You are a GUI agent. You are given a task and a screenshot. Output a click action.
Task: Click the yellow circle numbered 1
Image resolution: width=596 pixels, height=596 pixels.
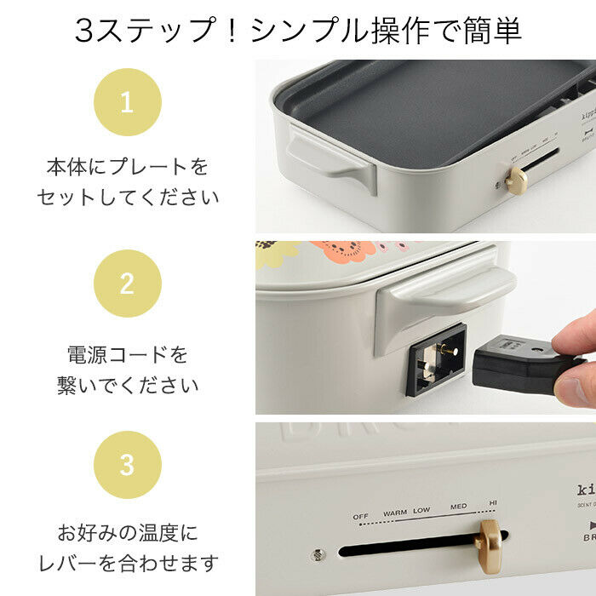127,103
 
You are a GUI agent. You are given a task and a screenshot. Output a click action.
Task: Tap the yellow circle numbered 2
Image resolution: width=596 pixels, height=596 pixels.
127,284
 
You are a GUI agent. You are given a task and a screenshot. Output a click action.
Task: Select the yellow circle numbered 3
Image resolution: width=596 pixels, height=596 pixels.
127,465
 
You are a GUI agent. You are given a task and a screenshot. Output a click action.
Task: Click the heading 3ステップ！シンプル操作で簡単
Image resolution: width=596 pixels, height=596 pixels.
297,32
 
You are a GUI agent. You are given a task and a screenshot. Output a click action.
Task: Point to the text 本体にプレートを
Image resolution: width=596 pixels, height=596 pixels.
127,166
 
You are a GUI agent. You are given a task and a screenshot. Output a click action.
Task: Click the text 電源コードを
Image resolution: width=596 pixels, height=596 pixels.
127,353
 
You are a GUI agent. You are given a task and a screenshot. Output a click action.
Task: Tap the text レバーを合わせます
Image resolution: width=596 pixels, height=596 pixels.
127,563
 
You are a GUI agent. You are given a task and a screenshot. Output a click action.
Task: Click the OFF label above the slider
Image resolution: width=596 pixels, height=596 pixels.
362,514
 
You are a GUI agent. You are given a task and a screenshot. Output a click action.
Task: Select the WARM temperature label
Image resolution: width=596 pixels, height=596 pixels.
395,513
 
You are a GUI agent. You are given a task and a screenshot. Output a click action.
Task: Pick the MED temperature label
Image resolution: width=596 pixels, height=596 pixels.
459,507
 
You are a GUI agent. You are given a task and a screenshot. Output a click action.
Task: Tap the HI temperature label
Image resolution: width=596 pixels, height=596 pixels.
493,503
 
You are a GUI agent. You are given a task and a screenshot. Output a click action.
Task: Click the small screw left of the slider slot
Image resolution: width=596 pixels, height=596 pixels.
318,553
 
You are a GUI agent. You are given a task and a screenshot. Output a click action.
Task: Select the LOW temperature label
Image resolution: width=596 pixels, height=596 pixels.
421,512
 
